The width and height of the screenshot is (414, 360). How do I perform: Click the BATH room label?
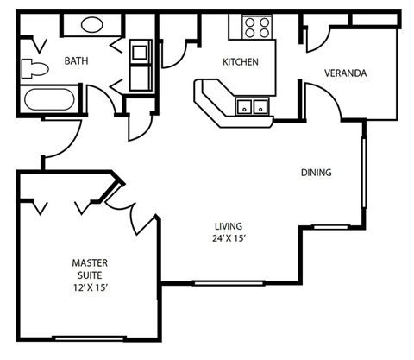coord(77,61)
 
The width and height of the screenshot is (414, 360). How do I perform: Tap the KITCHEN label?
coord(240,61)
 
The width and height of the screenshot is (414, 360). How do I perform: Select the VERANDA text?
coord(345,73)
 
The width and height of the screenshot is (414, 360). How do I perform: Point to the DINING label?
coord(316,173)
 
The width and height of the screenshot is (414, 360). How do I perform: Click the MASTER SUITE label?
coord(89,267)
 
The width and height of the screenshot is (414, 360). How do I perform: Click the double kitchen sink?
coord(250,107)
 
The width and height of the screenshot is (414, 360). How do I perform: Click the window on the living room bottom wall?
coord(217,282)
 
